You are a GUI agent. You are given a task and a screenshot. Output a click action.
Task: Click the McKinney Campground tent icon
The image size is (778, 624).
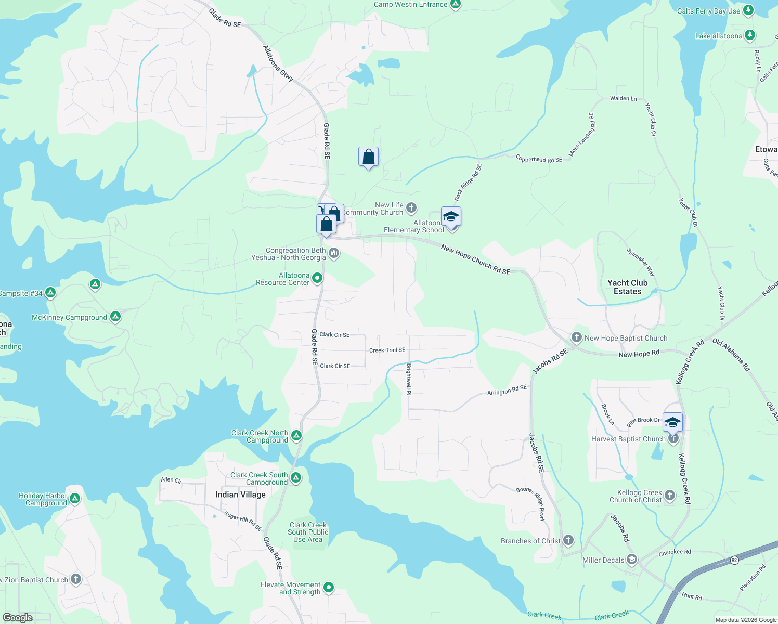tap(115, 316)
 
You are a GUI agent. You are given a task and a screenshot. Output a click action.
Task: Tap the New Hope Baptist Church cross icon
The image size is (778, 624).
tap(576, 337)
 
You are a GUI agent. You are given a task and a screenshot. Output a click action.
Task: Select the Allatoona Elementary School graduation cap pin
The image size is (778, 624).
tap(451, 216)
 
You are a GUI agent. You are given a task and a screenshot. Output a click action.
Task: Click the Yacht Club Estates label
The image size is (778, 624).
tap(627, 287)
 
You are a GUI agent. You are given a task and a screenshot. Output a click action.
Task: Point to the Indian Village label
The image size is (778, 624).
tap(240, 495)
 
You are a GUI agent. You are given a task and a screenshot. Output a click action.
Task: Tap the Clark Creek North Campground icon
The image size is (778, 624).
tap(296, 435)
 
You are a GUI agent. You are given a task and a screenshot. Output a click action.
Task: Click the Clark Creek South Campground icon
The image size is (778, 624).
tap(296, 477)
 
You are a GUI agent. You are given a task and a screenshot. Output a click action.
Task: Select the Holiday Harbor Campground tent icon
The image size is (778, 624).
tap(75, 498)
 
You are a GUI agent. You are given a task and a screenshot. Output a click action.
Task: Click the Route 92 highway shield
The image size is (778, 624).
tap(734, 560)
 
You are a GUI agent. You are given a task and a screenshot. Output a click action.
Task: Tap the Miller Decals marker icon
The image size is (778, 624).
tap(632, 560)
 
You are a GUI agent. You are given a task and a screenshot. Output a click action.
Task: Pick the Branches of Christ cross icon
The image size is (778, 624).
tap(568, 540)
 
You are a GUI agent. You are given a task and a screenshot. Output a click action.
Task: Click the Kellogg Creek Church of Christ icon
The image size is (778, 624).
tap(670, 495)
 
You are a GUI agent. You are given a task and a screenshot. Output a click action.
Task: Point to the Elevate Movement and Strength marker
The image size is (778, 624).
tap(329, 588)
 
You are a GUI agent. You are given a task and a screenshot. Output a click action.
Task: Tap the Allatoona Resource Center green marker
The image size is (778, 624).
tap(317, 278)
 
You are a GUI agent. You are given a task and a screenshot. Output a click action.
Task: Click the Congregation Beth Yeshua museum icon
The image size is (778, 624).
tap(334, 253)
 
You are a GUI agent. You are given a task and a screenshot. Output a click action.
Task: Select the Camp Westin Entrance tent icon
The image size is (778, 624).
tap(456, 5)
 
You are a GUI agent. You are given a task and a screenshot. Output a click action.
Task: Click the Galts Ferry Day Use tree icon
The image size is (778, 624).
tap(748, 10)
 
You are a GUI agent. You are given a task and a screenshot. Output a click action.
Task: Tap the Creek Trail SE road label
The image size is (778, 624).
tap(387, 350)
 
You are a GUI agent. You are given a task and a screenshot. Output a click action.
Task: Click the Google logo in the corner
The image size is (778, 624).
tap(18, 617)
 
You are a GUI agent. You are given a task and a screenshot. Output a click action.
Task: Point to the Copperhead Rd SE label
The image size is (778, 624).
tap(539, 159)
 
